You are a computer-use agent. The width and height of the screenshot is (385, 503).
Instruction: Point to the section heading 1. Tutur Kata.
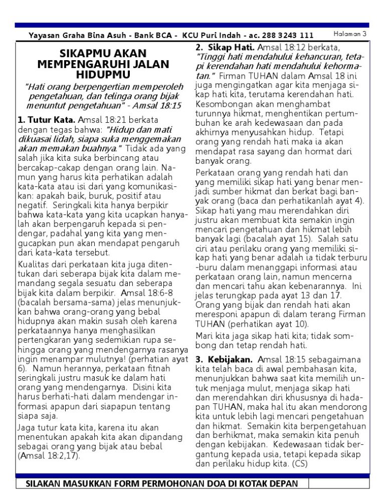pos(46,120)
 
